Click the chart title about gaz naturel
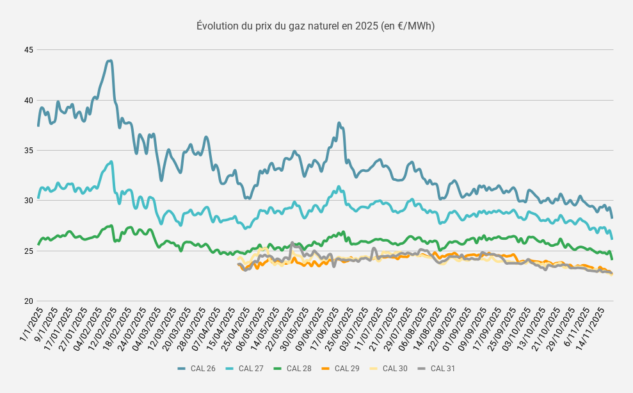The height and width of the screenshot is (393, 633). point(316,26)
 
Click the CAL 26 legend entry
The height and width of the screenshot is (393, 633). point(196,369)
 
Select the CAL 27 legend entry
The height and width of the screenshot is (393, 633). point(244,369)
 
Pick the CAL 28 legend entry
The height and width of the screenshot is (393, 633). point(292,369)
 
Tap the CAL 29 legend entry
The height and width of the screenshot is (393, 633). point(340,369)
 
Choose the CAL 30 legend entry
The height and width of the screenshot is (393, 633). point(388,369)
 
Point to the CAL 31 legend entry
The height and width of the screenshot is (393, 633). point(436,369)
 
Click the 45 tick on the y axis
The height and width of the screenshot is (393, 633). point(29,50)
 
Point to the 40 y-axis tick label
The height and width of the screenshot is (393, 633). point(29,100)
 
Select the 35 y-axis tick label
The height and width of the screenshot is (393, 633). point(29,151)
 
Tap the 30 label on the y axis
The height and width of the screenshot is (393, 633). point(29,201)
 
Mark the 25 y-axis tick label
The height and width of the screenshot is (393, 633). point(29,251)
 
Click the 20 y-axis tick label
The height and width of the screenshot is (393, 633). point(29,301)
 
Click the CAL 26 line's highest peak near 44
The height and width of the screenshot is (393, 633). point(109,61)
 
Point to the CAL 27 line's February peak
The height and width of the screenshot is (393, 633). point(111,162)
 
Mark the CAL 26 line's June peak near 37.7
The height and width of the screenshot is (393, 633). point(339,123)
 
